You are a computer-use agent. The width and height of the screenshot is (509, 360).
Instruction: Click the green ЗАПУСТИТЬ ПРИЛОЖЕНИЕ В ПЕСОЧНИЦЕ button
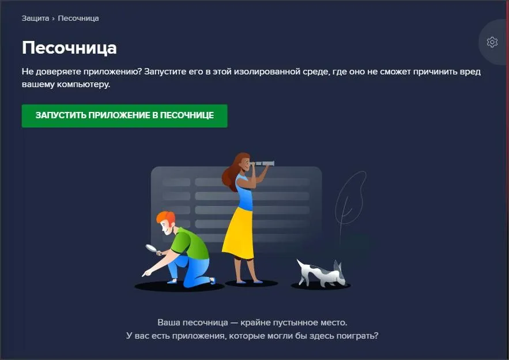[x=125, y=115]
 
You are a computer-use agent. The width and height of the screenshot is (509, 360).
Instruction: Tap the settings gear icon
[x=492, y=42]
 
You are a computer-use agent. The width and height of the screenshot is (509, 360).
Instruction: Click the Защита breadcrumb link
[x=35, y=18]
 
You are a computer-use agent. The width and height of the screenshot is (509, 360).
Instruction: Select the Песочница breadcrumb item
[x=78, y=18]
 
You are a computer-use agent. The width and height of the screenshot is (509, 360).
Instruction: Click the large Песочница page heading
[x=69, y=47]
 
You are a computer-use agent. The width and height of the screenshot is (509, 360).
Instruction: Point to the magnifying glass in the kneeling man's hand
[x=152, y=248]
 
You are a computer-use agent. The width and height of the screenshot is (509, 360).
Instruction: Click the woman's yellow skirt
[x=239, y=234]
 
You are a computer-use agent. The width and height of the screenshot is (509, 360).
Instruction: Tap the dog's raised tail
[x=340, y=266]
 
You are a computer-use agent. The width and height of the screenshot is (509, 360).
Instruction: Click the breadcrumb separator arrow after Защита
[x=54, y=18]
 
